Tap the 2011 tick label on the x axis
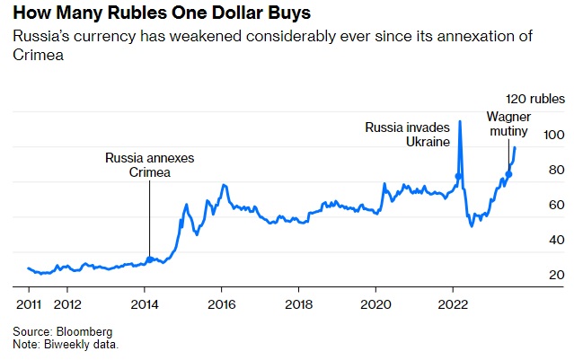click(29, 303)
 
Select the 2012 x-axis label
click(67, 303)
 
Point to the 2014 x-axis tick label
click(145, 303)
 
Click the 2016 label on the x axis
click(221, 303)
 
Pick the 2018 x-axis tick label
click(298, 303)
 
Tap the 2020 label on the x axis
click(375, 303)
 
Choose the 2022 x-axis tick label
click(452, 303)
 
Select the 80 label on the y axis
click(557, 170)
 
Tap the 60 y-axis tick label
click(557, 205)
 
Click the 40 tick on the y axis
click(557, 240)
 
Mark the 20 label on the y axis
click(557, 275)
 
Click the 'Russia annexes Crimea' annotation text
click(149, 164)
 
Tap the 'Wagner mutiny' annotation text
click(508, 124)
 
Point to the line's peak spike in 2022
click(460, 121)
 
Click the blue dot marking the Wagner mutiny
click(508, 173)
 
